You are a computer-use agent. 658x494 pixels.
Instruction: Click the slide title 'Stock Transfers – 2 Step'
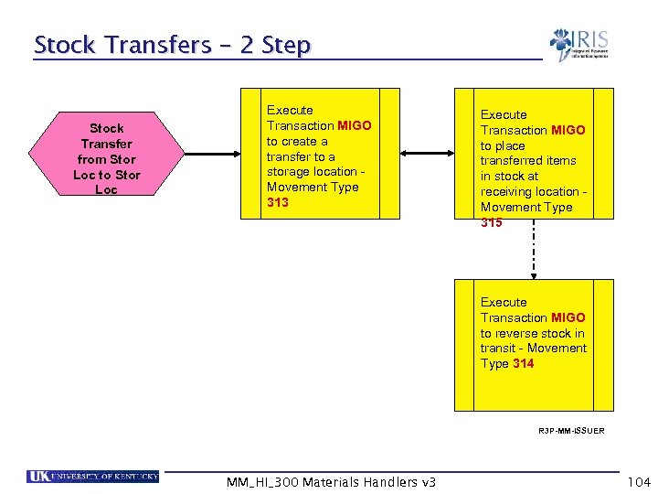pyautogui.click(x=172, y=45)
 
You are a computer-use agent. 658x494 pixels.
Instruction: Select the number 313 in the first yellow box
pyautogui.click(x=278, y=202)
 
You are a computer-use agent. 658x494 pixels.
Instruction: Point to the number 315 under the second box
pyautogui.click(x=492, y=222)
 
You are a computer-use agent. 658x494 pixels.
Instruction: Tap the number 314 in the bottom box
pyautogui.click(x=524, y=363)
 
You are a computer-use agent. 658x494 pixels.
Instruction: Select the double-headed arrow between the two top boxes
pyautogui.click(x=428, y=154)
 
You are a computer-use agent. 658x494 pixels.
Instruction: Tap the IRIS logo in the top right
pyautogui.click(x=578, y=45)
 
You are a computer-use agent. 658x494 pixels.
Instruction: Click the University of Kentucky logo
pyautogui.click(x=93, y=476)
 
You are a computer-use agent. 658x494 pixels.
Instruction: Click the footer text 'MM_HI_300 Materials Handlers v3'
pyautogui.click(x=331, y=482)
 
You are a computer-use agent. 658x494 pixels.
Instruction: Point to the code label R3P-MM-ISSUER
pyautogui.click(x=571, y=430)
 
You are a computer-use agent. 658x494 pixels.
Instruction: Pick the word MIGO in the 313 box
pyautogui.click(x=355, y=125)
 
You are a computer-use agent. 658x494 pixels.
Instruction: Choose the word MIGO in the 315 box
pyautogui.click(x=568, y=130)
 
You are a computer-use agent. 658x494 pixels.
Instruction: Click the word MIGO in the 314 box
pyautogui.click(x=568, y=317)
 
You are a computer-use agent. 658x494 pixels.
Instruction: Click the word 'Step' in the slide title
pyautogui.click(x=287, y=45)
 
